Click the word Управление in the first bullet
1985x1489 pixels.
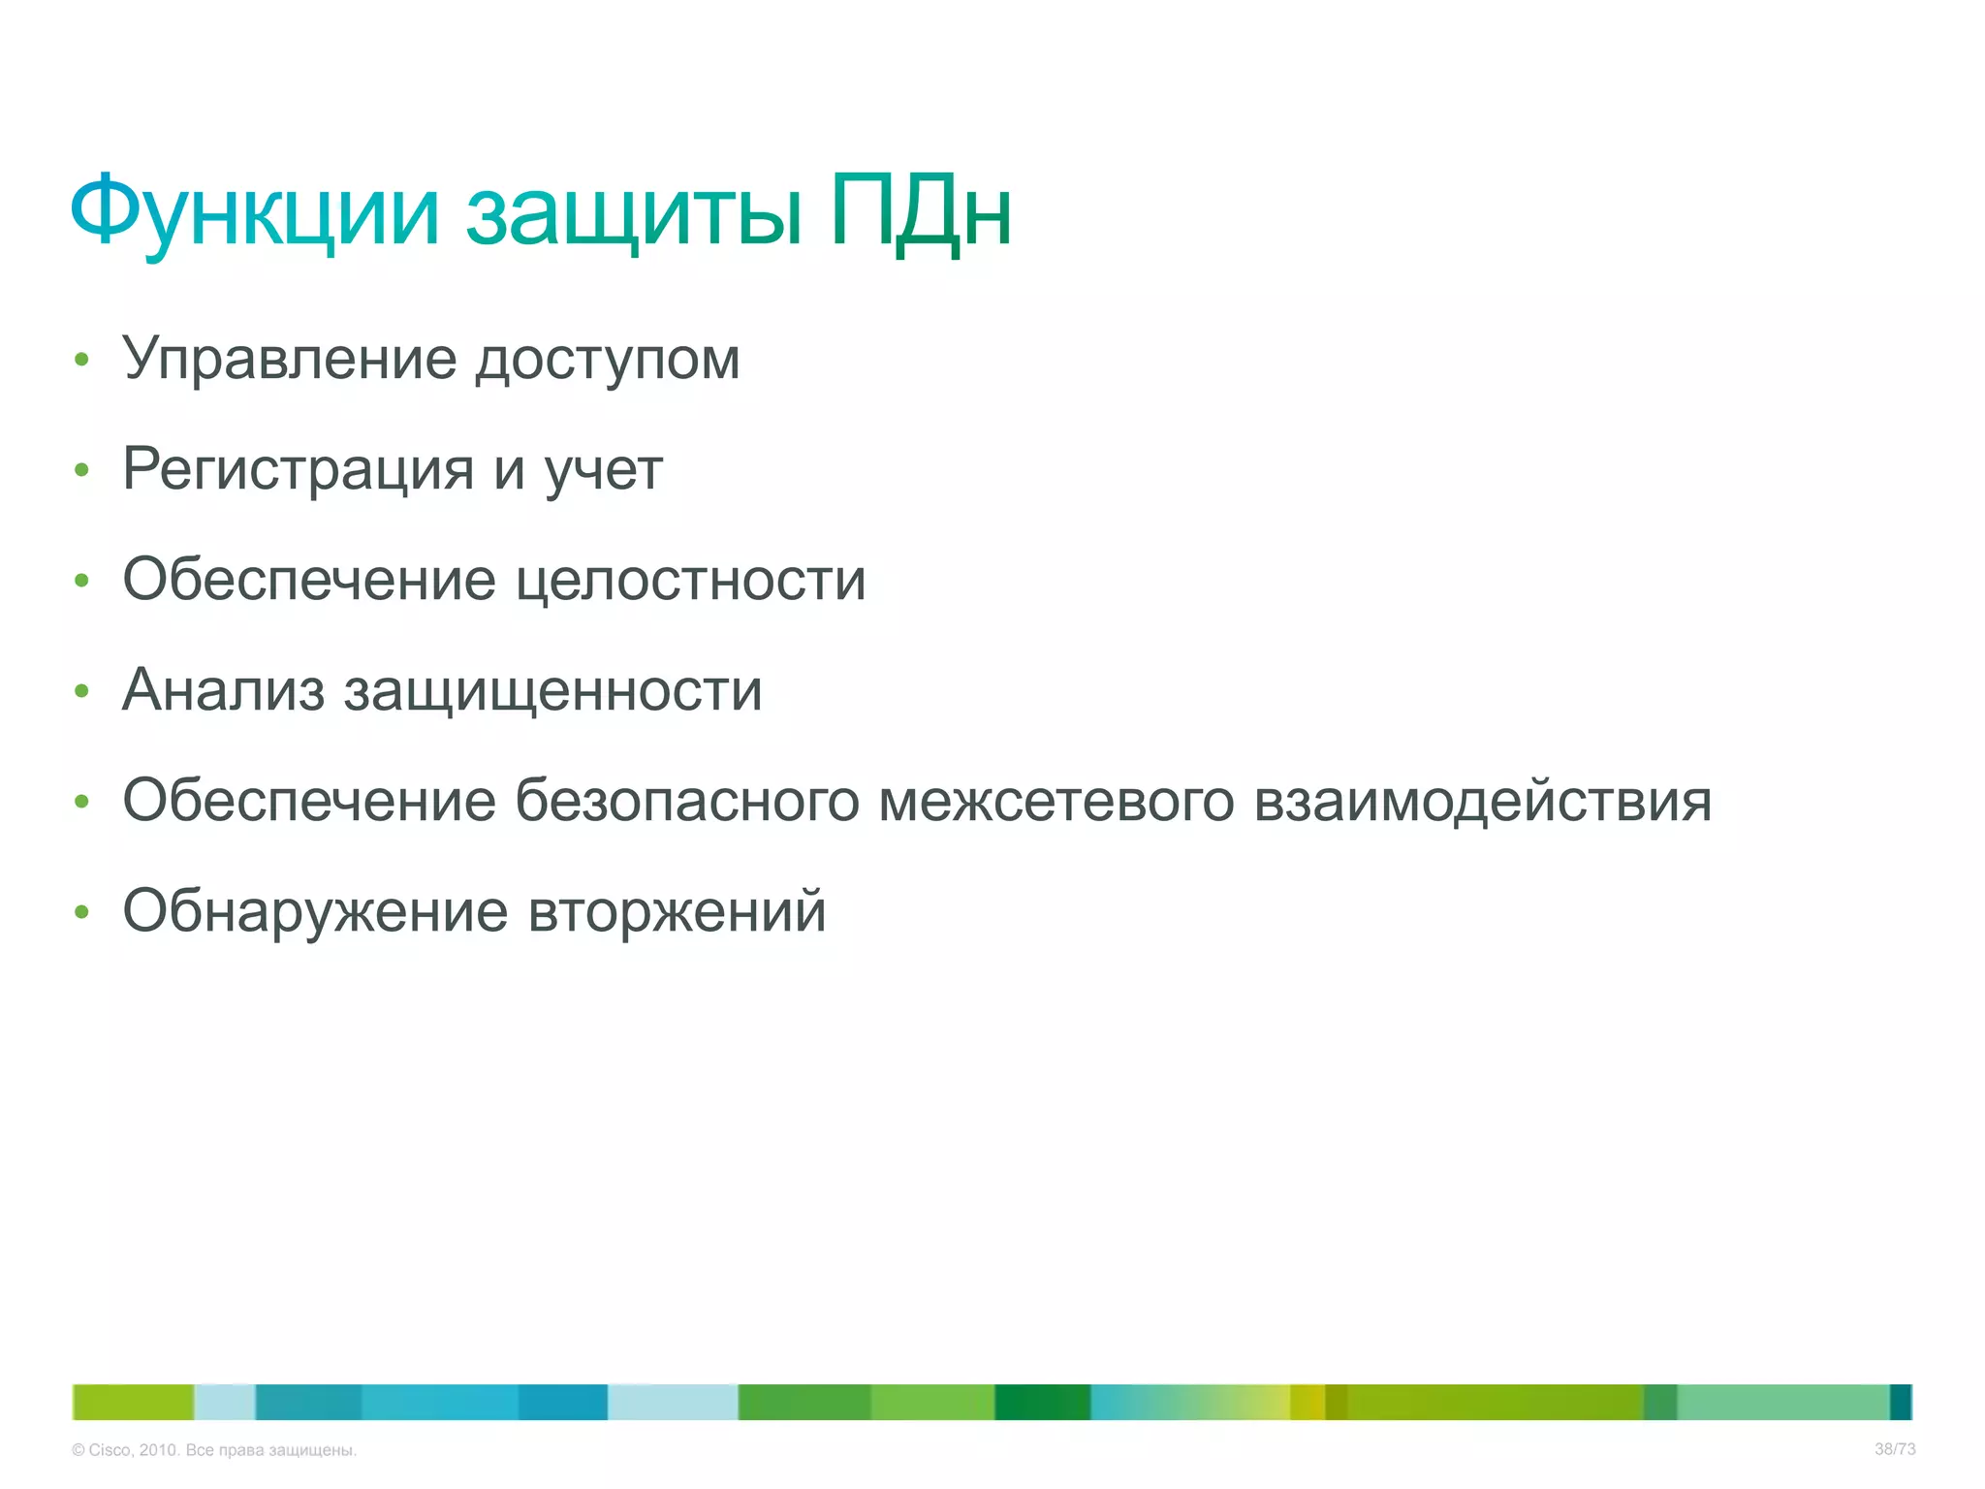[289, 360]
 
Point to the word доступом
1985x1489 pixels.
[608, 362]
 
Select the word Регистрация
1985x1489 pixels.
[298, 470]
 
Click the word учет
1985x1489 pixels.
[604, 471]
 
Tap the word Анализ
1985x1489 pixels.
[223, 691]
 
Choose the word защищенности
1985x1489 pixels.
[553, 693]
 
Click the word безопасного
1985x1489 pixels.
[686, 802]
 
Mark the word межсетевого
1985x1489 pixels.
[1056, 802]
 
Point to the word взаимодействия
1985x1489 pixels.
[1483, 802]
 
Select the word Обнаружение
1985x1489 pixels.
[315, 912]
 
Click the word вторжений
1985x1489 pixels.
[677, 912]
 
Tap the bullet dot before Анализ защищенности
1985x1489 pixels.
[82, 691]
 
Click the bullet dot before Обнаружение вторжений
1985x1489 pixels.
[82, 912]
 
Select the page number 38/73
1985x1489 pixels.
[1895, 1449]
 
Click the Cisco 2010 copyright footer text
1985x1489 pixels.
[214, 1450]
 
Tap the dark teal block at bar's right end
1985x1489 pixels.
[1901, 1402]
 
